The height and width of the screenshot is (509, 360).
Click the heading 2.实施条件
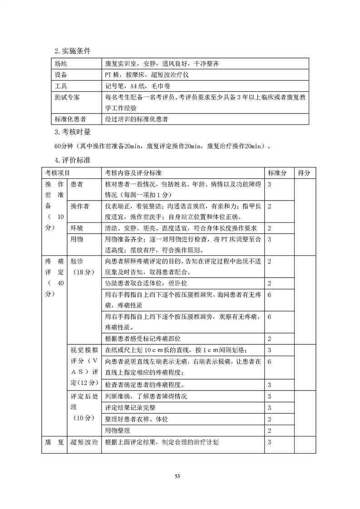(x=72, y=51)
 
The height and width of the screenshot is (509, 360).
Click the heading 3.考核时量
(x=72, y=132)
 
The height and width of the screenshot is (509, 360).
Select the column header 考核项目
(x=58, y=173)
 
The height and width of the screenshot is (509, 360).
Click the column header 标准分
(x=277, y=173)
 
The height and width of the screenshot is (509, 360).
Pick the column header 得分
(x=304, y=173)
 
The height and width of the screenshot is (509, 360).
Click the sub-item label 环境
(x=77, y=228)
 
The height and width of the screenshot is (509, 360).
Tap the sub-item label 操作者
(x=80, y=206)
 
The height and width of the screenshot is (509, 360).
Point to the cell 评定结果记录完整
(x=132, y=407)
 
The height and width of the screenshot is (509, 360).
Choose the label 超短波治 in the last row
(x=84, y=442)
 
